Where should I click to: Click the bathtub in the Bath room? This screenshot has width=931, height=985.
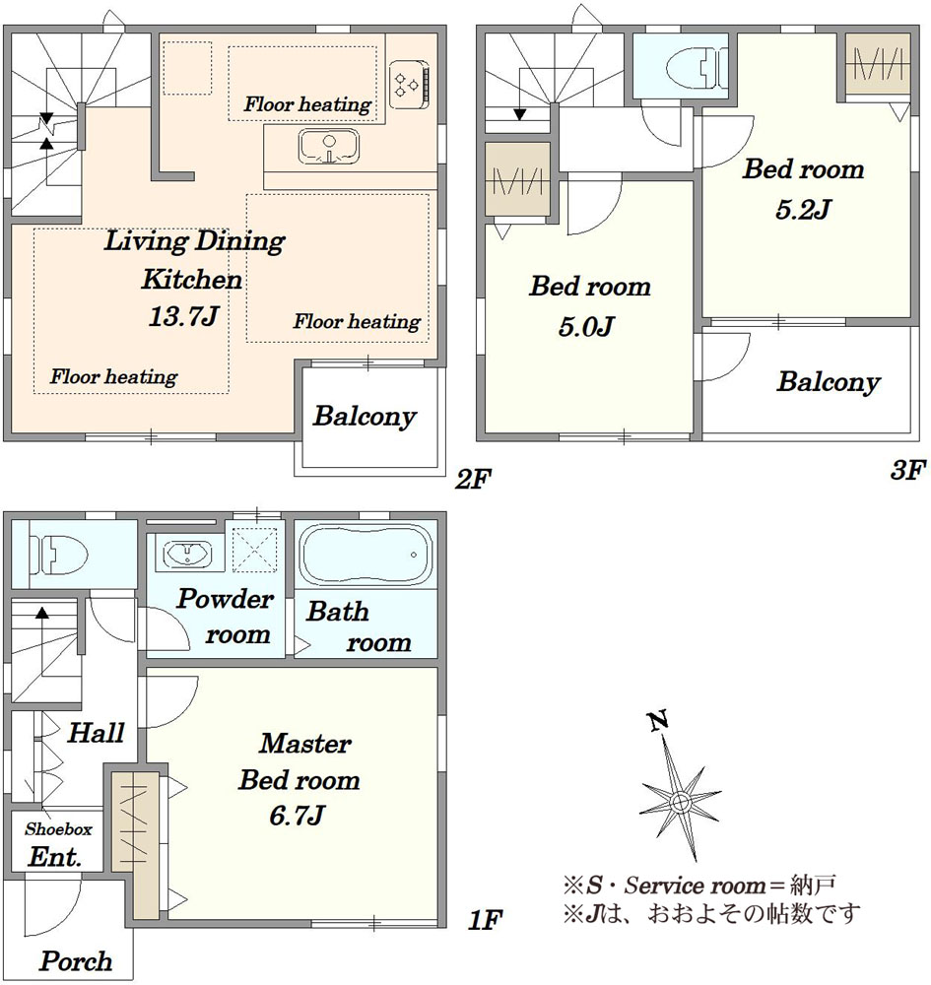366,556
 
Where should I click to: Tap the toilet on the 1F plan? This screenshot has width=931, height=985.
58,555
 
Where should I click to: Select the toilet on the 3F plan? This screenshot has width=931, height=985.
697,69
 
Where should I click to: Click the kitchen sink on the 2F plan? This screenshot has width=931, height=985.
329,147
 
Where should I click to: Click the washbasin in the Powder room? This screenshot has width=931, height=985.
187,554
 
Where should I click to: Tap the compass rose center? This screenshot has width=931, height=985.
680,802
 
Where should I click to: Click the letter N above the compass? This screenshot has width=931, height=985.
658,722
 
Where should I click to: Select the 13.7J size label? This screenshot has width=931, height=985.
183,316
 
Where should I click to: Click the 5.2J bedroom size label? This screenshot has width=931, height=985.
803,209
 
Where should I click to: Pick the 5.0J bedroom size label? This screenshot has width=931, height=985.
586,327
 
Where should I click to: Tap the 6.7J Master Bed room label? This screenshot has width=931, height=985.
297,816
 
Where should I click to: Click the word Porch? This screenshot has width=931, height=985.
76,961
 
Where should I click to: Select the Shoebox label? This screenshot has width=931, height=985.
58,829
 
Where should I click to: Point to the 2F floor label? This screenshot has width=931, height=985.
473,480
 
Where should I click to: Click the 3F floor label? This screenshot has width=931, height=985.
907,470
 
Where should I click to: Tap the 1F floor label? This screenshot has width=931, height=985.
486,921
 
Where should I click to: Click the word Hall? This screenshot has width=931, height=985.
97,733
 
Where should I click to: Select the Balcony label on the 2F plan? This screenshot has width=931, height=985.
365,417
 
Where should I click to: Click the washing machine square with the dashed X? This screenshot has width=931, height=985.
254,551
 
